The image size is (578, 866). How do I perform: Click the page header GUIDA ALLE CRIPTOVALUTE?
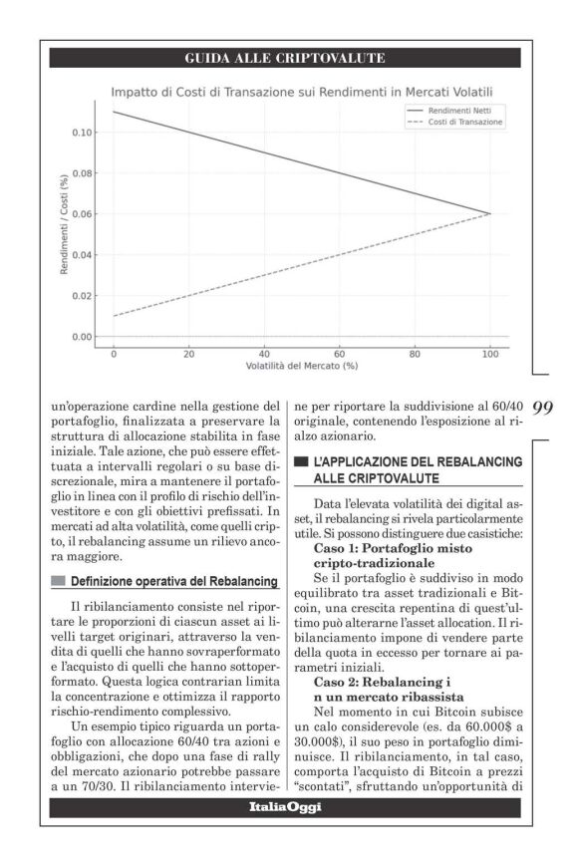[285, 59]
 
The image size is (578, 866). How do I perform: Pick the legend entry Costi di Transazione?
[465, 122]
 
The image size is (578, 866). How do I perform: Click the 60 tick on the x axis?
[340, 354]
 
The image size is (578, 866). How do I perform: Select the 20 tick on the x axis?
[189, 354]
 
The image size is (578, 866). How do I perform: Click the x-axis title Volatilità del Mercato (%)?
[302, 366]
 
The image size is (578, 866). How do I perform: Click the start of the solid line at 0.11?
[114, 112]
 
